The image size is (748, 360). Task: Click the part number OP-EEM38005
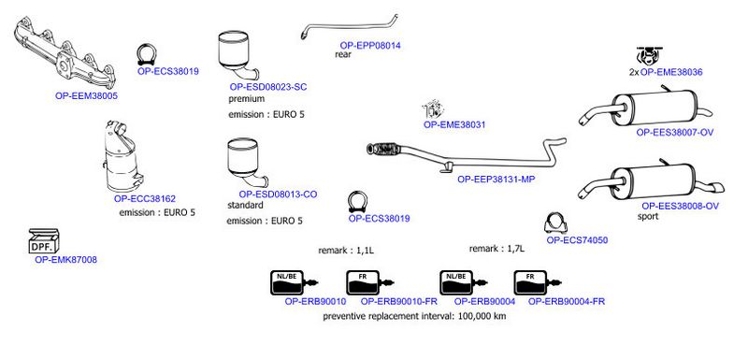86,95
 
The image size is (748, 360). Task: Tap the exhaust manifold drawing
65,53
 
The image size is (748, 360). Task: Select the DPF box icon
44,241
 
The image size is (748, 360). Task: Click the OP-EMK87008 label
65,260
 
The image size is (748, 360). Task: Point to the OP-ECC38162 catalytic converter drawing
123,157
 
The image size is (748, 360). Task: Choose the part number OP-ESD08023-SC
268,87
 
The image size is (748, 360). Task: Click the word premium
246,99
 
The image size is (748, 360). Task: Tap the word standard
246,206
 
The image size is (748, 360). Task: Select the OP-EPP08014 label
370,46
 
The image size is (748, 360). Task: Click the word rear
343,54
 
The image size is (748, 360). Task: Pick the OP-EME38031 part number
454,125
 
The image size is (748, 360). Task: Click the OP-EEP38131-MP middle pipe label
496,180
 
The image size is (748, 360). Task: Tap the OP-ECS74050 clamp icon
556,223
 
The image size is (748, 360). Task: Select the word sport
648,217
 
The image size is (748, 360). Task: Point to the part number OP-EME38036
671,73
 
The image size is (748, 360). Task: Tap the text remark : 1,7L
496,249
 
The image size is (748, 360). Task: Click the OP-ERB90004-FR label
567,301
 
